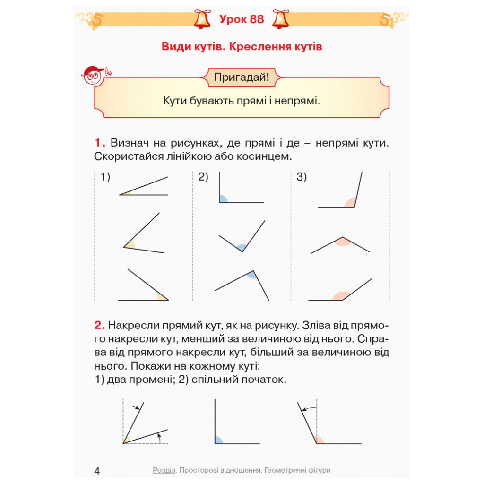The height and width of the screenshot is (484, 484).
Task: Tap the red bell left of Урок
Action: (x=202, y=19)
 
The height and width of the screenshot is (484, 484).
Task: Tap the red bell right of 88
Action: (x=280, y=19)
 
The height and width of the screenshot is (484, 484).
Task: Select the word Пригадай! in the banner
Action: (x=242, y=77)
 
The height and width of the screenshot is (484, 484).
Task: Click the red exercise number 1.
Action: (x=99, y=143)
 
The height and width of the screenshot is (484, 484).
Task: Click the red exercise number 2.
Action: (x=99, y=325)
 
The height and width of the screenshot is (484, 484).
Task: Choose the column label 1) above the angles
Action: (x=105, y=177)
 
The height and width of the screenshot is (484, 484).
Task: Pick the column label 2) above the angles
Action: (x=203, y=177)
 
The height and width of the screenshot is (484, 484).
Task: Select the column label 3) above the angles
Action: (x=302, y=177)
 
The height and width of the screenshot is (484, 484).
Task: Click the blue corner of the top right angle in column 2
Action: (x=223, y=199)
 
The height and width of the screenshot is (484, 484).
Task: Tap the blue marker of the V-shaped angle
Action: (x=242, y=247)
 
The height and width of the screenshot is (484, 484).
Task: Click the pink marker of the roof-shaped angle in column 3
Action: (x=342, y=242)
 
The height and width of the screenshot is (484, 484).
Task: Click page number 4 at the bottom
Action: (x=97, y=471)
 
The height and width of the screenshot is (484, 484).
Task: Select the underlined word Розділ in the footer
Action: (x=164, y=470)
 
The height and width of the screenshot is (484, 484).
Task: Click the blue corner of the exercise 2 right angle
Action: (x=218, y=440)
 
